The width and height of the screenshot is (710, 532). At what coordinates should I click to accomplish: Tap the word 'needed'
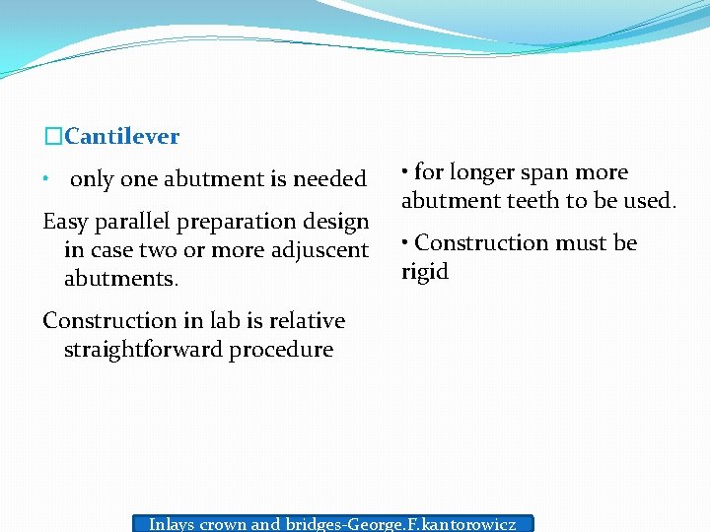(x=330, y=179)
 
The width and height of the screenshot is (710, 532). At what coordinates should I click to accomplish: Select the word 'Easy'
(x=66, y=222)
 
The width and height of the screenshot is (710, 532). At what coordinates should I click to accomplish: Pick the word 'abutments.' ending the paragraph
(x=121, y=279)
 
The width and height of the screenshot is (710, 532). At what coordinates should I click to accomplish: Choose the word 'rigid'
(x=425, y=272)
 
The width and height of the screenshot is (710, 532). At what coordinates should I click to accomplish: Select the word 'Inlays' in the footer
(x=172, y=524)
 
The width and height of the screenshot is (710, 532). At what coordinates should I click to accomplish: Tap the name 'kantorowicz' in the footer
(x=467, y=524)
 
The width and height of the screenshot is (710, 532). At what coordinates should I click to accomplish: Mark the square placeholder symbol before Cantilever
(x=53, y=136)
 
